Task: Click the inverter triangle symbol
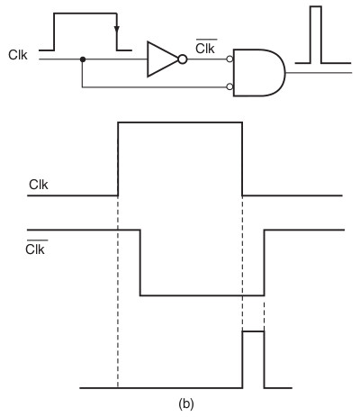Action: point(162,59)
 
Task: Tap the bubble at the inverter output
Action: point(183,59)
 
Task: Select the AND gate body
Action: point(258,73)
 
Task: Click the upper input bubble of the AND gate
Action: point(229,59)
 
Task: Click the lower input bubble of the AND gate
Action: point(229,86)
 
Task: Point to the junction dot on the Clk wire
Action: point(83,59)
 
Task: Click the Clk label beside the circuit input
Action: point(18,55)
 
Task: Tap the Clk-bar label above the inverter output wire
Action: point(206,47)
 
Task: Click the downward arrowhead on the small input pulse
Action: point(117,29)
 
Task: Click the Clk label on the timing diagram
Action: point(39,185)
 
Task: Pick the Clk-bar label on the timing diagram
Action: point(36,248)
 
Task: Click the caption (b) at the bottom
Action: point(186,403)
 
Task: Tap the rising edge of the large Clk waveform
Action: point(118,159)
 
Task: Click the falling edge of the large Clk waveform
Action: point(242,159)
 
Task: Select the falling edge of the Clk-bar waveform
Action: point(140,263)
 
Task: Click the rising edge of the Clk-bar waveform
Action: point(265,263)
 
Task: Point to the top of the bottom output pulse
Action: point(253,331)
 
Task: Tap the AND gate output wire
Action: point(319,73)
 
